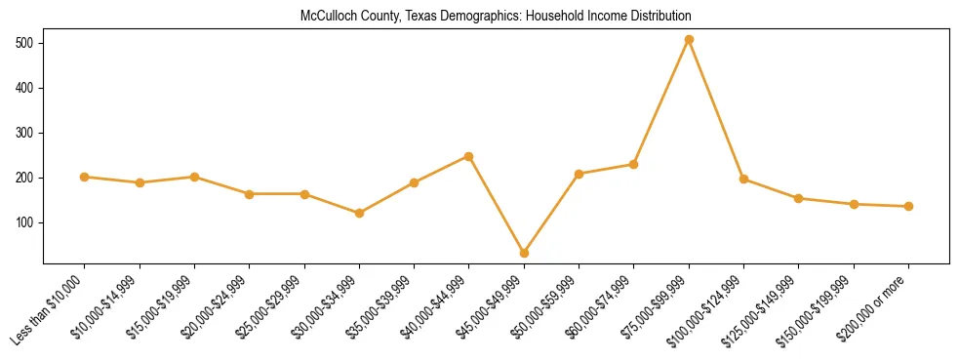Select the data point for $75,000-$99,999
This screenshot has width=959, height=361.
(x=689, y=40)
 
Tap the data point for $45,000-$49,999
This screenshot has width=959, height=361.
(x=524, y=253)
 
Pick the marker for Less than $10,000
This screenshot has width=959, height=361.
(x=85, y=178)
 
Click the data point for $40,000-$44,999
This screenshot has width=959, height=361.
(x=469, y=156)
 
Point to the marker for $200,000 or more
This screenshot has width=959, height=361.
(x=908, y=207)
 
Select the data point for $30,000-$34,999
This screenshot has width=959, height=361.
(x=359, y=213)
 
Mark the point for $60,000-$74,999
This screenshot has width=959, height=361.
(x=634, y=164)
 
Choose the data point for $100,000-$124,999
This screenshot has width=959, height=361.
(x=743, y=180)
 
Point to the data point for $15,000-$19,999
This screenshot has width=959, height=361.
(x=194, y=178)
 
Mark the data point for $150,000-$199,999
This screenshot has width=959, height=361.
(x=854, y=204)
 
